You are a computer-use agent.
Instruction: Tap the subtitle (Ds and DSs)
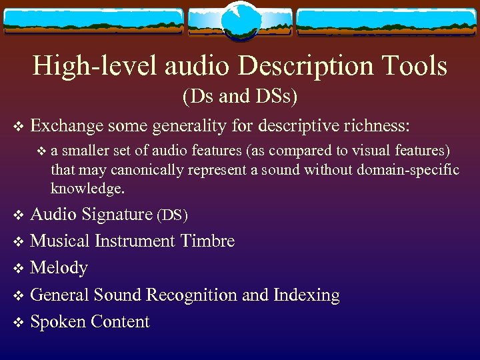pos(240,97)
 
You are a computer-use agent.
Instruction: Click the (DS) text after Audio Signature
pos(172,216)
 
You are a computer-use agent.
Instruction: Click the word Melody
pos(59,268)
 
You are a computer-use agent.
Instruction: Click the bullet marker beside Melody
pos(18,269)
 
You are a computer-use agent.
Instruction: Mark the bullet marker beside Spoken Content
pos(18,323)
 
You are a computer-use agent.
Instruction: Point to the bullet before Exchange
pos(18,125)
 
